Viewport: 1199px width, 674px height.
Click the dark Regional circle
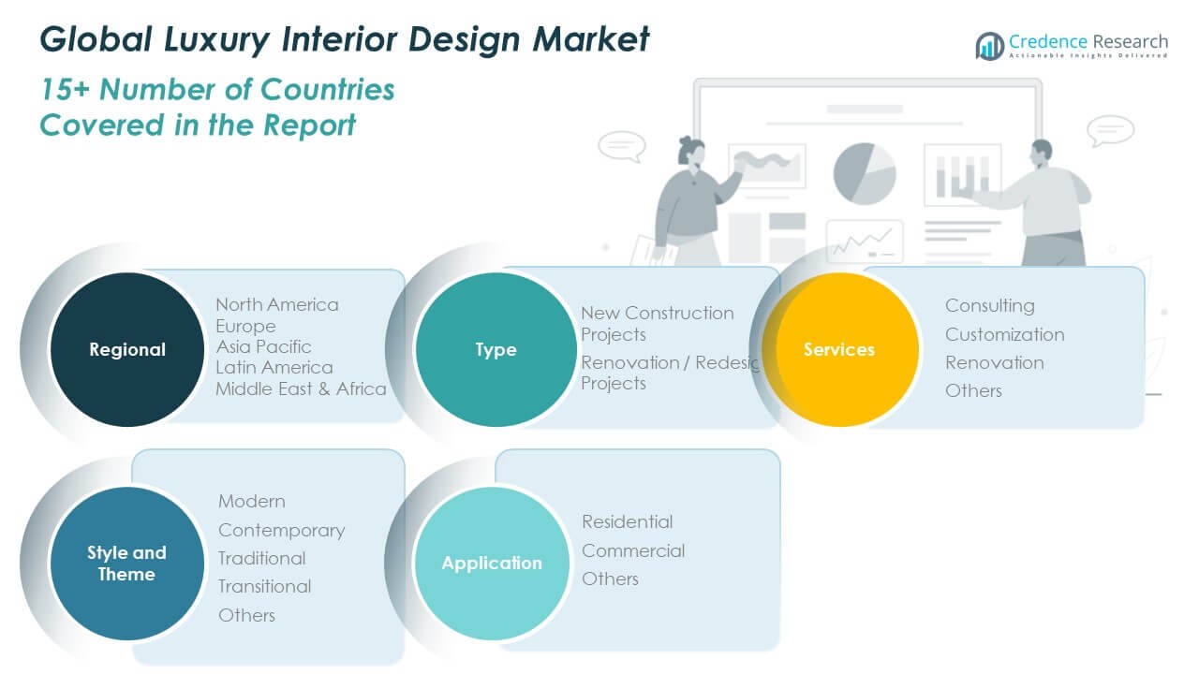126,349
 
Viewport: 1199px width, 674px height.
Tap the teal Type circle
495,349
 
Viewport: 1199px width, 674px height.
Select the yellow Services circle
839,349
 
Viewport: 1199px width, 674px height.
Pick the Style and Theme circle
126,563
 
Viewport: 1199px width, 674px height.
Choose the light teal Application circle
492,563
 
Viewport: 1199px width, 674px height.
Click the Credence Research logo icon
989,44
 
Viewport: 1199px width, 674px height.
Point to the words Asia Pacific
263,346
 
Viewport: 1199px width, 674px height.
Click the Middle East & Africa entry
301,388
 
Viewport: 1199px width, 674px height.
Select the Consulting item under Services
989,305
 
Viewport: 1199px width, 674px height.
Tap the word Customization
1004,334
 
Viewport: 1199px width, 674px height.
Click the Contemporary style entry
281,530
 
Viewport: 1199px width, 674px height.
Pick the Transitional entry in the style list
264,586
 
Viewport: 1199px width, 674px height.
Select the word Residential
627,521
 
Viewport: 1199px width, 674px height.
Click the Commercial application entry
632,550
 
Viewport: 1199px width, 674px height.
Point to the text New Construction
657,313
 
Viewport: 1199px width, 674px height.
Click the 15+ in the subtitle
65,90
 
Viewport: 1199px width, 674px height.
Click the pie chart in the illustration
865,172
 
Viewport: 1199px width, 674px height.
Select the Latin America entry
274,367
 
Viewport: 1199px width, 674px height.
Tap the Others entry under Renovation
973,390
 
